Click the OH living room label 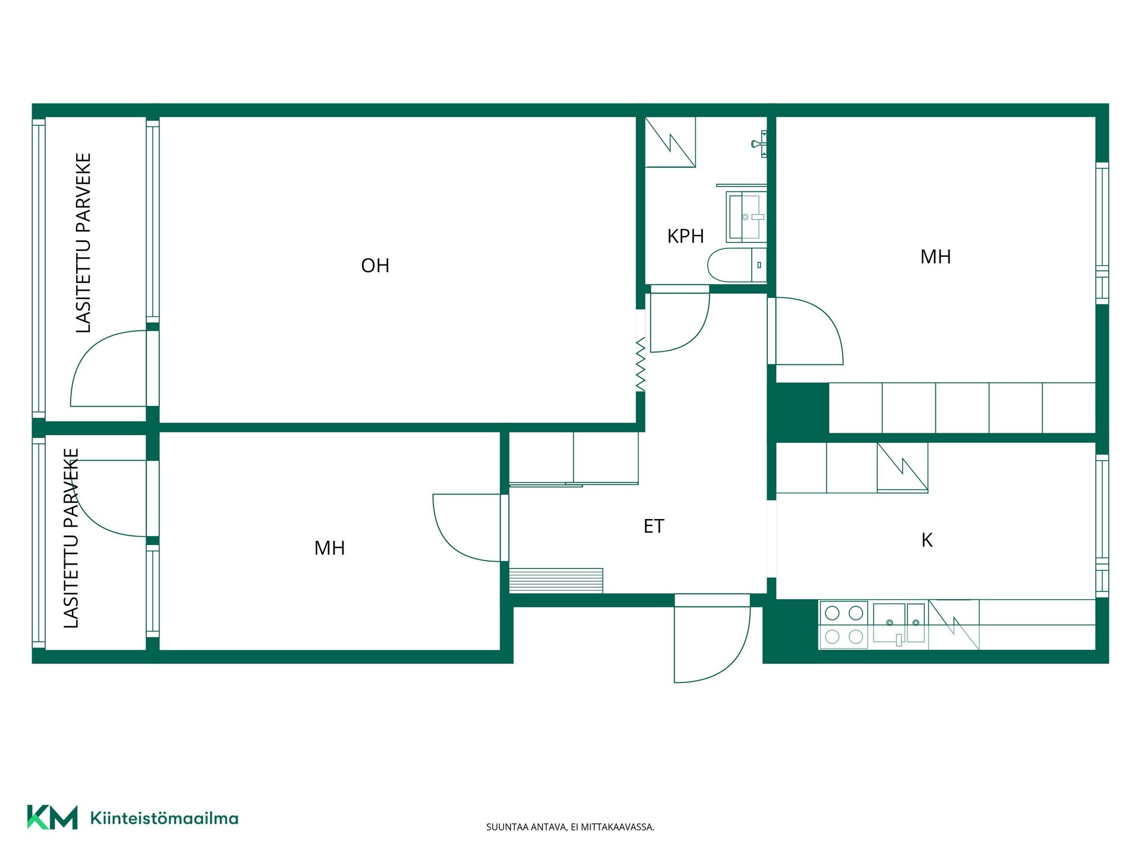[375, 266]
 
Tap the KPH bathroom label [685, 237]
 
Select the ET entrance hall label [654, 526]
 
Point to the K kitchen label [926, 540]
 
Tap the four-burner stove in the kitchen [844, 625]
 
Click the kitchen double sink [899, 624]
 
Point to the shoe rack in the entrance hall [556, 581]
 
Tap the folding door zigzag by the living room [641, 364]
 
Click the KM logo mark [52, 817]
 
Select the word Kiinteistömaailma [164, 818]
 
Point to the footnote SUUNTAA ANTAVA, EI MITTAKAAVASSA [570, 827]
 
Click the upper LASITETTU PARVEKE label [84, 243]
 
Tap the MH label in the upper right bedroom [935, 257]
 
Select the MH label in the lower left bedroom [329, 548]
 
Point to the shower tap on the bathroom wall [759, 143]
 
